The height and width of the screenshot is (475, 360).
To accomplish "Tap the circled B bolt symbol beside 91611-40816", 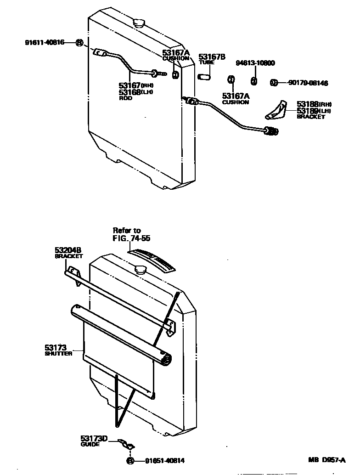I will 79,43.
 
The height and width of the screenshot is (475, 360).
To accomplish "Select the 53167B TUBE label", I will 212,59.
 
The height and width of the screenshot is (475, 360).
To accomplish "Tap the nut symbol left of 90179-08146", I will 274,83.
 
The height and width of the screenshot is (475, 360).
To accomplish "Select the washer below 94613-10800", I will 253,81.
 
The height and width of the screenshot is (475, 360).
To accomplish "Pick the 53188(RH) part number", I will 314,104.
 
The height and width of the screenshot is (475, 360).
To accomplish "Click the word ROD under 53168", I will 125,98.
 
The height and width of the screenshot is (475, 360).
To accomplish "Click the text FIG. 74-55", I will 131,238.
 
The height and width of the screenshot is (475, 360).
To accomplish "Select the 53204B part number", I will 68,250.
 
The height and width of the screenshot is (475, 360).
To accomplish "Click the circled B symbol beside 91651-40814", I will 130,461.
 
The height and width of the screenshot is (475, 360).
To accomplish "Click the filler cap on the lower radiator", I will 140,270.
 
